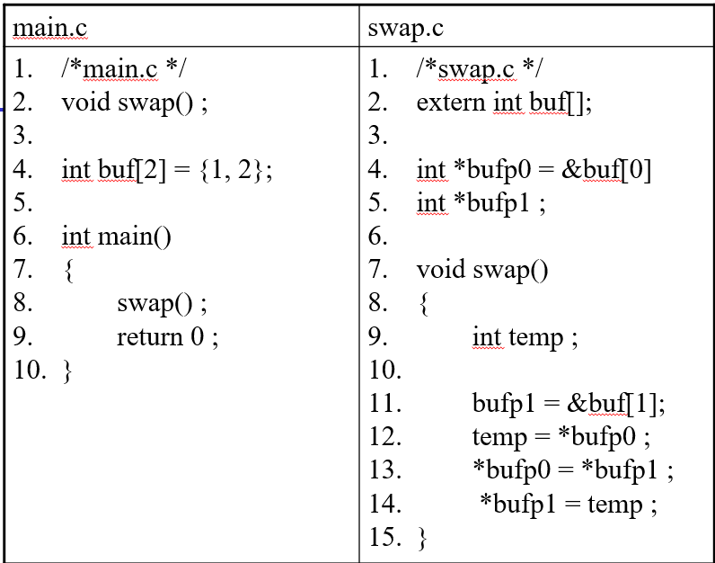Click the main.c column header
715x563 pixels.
49,28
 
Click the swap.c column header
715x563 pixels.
405,28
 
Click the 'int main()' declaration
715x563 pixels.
116,237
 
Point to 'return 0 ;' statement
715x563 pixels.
167,337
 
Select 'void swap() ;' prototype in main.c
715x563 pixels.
135,102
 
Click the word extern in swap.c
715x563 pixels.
451,102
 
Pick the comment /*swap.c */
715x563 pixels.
479,68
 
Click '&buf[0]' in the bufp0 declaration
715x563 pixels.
606,169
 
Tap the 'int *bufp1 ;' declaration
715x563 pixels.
481,203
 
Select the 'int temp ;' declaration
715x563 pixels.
525,337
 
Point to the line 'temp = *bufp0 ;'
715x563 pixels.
561,438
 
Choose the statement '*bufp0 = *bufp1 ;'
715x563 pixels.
572,471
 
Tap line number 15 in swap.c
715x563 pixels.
384,538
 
